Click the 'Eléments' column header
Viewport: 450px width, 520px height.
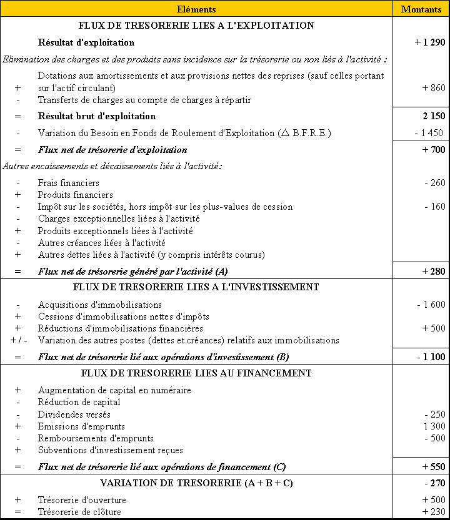196,9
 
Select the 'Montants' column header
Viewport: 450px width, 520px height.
421,9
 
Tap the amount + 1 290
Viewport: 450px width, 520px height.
429,43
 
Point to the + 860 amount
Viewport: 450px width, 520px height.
434,88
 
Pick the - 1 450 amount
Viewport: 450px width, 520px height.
429,133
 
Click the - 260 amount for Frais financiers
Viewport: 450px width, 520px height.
434,183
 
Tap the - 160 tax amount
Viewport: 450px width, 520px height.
434,207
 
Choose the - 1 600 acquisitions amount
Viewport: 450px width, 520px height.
431,305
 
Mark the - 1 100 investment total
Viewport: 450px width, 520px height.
431,357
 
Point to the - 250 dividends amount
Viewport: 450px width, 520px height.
434,415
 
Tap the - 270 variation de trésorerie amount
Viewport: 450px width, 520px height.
434,483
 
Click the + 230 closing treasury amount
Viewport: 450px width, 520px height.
434,512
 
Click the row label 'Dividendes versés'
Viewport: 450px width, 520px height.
74,415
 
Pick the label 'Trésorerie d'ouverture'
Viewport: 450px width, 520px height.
82,500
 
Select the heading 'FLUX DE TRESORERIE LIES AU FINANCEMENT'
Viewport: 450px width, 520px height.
196,373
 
